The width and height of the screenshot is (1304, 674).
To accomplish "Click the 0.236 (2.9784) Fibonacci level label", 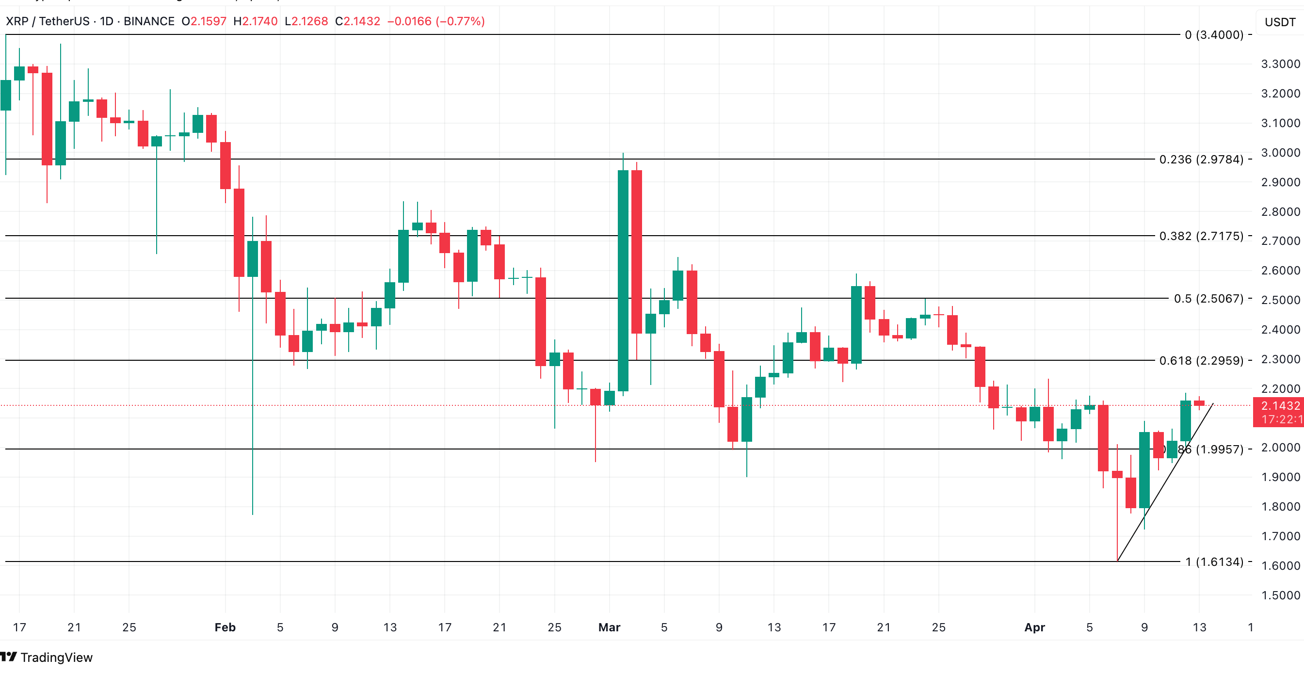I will pyautogui.click(x=1201, y=160).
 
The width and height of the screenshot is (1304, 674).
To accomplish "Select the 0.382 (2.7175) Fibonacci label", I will pyautogui.click(x=1201, y=236).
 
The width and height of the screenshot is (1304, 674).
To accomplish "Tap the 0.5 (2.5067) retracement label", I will pyautogui.click(x=1208, y=299).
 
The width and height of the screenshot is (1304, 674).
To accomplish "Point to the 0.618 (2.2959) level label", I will pyautogui.click(x=1201, y=361).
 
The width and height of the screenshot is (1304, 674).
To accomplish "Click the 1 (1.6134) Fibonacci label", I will pyautogui.click(x=1214, y=562).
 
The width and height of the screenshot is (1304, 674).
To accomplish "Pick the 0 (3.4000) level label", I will pyautogui.click(x=1213, y=35).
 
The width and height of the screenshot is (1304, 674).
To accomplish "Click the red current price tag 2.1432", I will pyautogui.click(x=1280, y=406).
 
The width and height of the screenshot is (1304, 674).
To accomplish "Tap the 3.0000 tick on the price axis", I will pyautogui.click(x=1280, y=153).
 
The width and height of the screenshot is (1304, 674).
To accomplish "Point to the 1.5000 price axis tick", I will pyautogui.click(x=1280, y=595).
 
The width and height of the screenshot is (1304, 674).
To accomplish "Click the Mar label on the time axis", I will pyautogui.click(x=609, y=627).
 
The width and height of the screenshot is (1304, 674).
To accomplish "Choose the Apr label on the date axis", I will pyautogui.click(x=1034, y=627).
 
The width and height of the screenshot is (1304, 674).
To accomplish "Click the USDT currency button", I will pyautogui.click(x=1280, y=22).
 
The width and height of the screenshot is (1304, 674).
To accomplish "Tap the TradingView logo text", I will pyautogui.click(x=56, y=658).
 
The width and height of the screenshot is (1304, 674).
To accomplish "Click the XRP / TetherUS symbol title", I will pyautogui.click(x=48, y=21).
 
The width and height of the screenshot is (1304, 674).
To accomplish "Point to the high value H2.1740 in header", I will pyautogui.click(x=255, y=21).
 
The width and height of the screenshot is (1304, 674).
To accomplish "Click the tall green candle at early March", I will pyautogui.click(x=623, y=281).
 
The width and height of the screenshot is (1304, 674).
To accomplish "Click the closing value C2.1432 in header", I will pyautogui.click(x=357, y=21).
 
